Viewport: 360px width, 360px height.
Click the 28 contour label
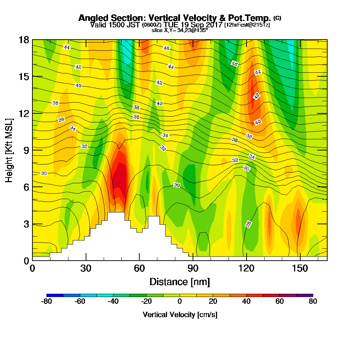(x=248, y=224)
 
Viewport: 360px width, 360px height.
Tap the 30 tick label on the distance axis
(x=86, y=268)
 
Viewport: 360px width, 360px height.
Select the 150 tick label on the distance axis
(x=300, y=268)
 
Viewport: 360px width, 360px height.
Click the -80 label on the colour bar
(x=47, y=302)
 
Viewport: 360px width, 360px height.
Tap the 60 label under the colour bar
(x=280, y=302)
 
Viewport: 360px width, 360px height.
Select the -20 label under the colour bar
(x=146, y=302)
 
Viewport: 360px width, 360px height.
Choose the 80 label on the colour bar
(x=313, y=302)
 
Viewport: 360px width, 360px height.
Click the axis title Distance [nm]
(x=180, y=281)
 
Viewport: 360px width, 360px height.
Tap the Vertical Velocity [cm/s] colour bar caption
(x=180, y=315)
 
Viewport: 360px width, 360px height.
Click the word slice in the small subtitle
(x=157, y=30)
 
